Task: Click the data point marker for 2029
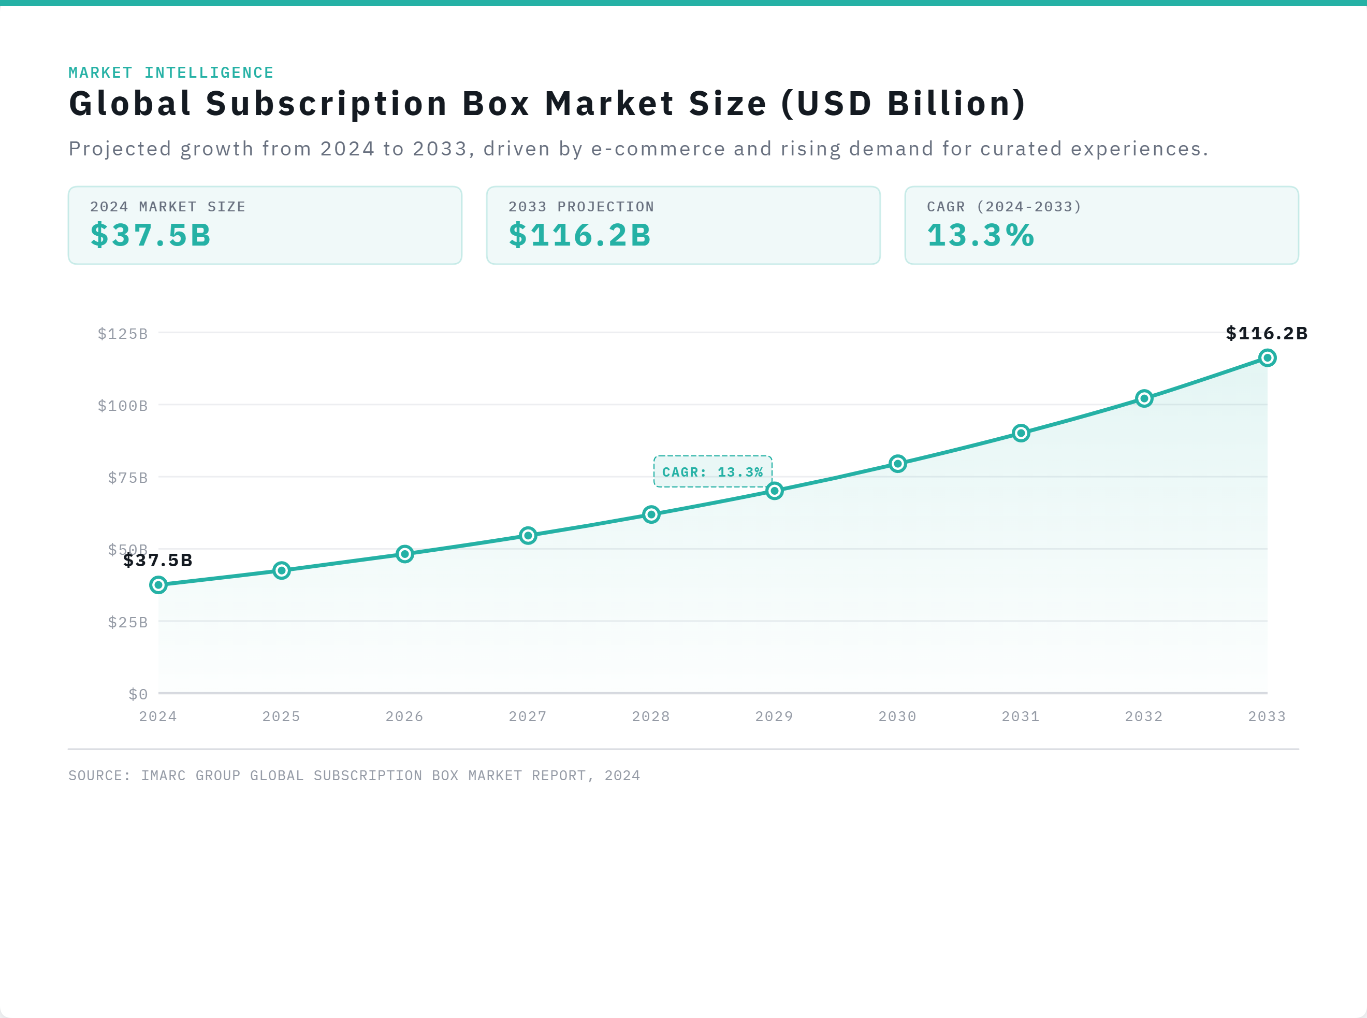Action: click(x=775, y=491)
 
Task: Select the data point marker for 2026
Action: click(x=404, y=553)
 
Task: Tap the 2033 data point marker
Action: click(x=1267, y=357)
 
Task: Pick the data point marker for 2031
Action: click(x=1021, y=433)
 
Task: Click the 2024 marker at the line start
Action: click(x=158, y=584)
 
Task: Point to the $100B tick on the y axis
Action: click(x=123, y=406)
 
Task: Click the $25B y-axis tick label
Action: click(x=127, y=622)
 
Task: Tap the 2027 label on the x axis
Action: click(x=528, y=716)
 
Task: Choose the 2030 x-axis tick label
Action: click(x=897, y=716)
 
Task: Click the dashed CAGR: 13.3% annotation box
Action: click(x=712, y=471)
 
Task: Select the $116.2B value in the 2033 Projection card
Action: click(x=579, y=235)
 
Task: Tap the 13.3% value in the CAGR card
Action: click(x=980, y=235)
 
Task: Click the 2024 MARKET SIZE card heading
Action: click(x=167, y=206)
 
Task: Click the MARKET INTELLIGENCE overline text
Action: click(x=170, y=72)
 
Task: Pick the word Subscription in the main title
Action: click(x=326, y=103)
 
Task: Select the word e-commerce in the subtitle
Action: click(x=658, y=149)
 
